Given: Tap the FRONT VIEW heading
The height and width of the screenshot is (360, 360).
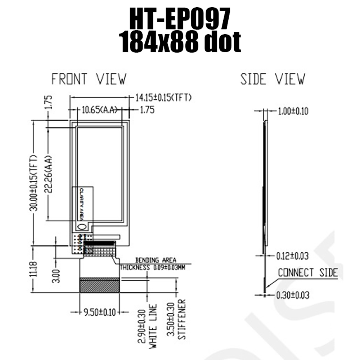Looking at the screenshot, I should tap(89, 79).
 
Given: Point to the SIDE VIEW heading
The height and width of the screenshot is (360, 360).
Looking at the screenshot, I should tap(273, 79).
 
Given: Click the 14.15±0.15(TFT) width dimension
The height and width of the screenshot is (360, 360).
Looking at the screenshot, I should tap(163, 97).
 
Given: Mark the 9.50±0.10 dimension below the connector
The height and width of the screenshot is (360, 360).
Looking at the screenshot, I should tap(100, 312).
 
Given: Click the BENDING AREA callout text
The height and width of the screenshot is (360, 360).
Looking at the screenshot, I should tap(156, 260).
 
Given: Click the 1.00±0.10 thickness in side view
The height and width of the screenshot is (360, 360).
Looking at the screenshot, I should tap(293, 111).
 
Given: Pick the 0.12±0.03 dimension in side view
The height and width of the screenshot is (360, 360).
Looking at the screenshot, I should tap(292, 256).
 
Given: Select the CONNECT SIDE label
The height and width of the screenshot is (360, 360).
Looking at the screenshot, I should tap(307, 273).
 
